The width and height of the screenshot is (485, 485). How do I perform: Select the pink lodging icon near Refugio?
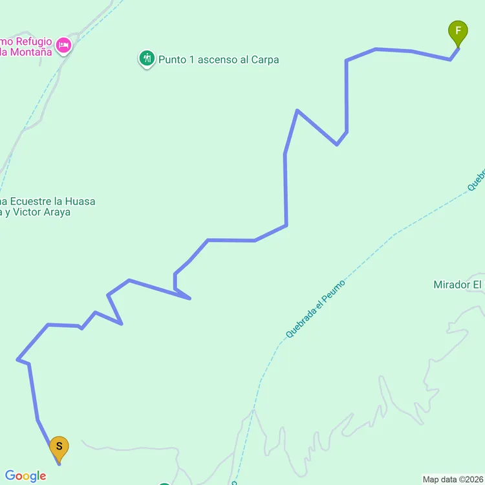coord(63,45)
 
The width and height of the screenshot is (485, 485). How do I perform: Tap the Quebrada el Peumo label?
coord(316,309)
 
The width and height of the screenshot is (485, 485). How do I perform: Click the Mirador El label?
coord(458,285)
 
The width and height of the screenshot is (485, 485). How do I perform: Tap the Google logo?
coord(25,477)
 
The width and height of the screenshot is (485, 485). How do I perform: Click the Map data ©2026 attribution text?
coord(453,479)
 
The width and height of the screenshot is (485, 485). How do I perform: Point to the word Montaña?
coord(30,52)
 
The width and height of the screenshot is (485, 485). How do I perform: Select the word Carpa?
coord(266,60)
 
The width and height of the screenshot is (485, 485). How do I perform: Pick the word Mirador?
coord(451,285)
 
